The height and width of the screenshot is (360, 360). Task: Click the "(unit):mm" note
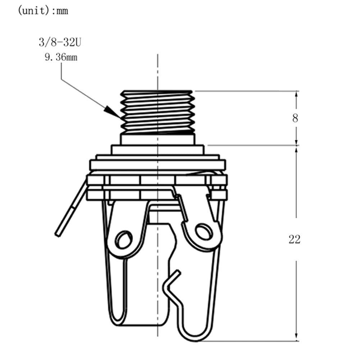coord(43,11)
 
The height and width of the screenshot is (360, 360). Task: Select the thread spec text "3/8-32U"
coord(60,42)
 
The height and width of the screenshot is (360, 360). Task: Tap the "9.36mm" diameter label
coord(61,57)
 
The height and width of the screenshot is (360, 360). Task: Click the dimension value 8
coord(295,118)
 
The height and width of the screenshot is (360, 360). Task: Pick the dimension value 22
coord(294,240)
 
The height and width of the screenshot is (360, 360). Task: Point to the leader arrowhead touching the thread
coord(113,112)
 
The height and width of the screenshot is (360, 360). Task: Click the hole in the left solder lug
coord(124,240)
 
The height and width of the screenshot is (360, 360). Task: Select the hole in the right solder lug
coord(204,232)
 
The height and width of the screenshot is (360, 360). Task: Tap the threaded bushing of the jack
coord(158,113)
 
